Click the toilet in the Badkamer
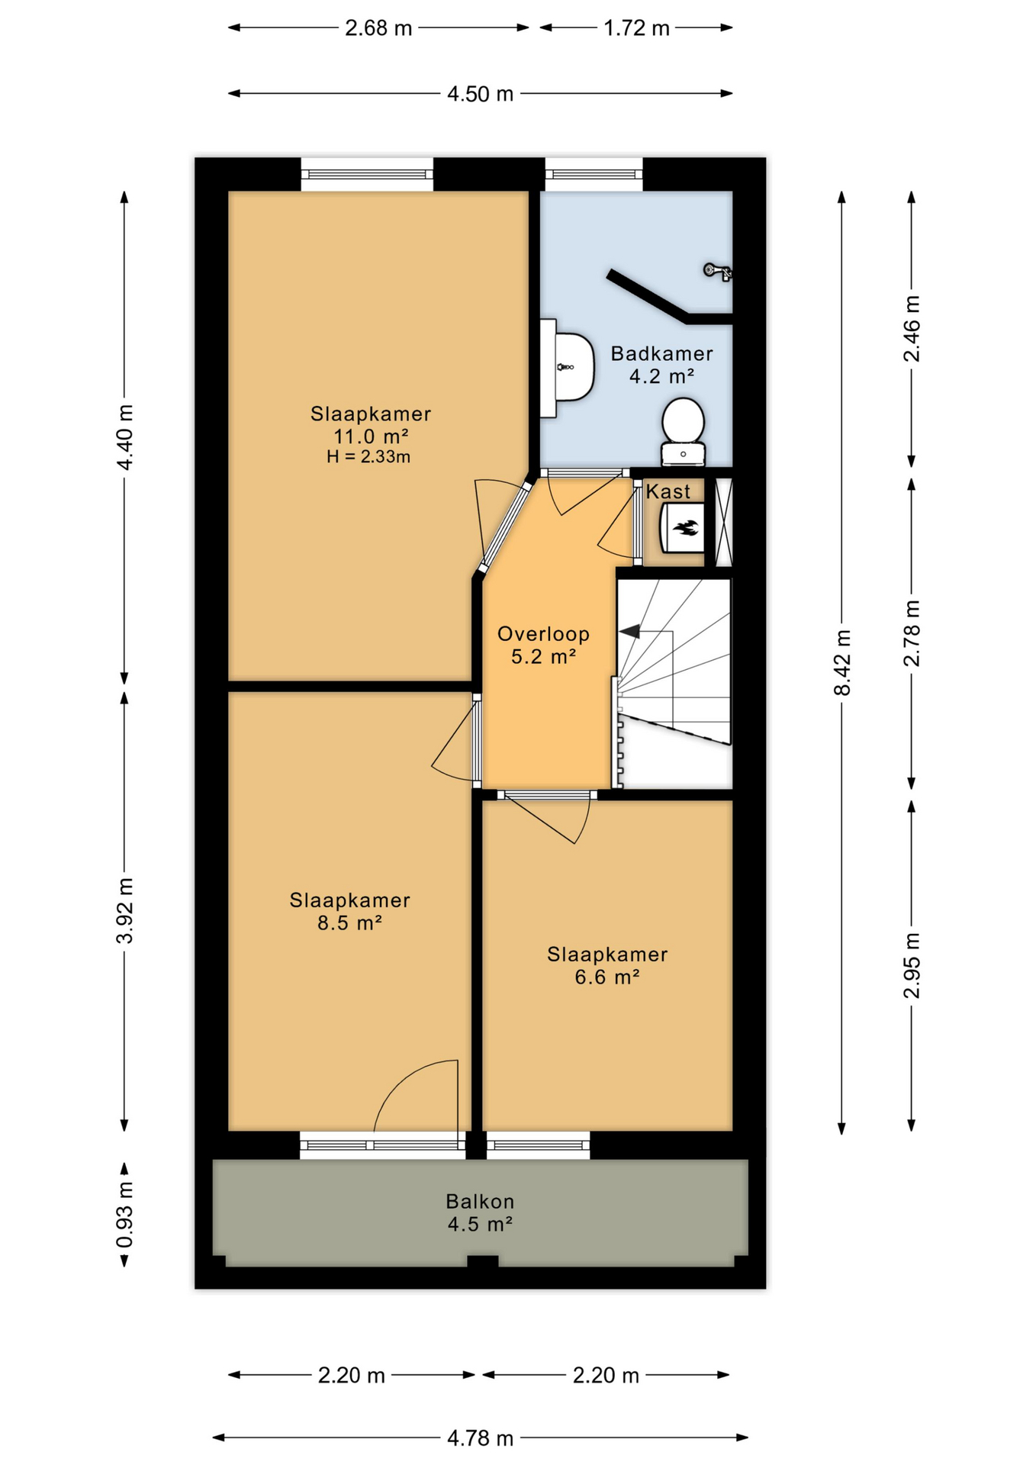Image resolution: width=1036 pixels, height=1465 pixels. (x=683, y=431)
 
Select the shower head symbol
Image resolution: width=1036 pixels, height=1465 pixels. (x=717, y=271)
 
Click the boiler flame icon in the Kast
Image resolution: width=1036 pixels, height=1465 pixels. (x=684, y=527)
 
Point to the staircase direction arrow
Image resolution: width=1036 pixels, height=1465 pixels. (x=629, y=632)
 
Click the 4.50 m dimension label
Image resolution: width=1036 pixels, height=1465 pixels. (x=480, y=94)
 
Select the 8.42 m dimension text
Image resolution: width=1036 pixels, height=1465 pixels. (x=842, y=662)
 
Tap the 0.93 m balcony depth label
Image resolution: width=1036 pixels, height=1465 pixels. (x=124, y=1215)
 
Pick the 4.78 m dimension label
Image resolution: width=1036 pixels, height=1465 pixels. (x=480, y=1438)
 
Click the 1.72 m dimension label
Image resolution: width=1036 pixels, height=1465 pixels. (x=636, y=28)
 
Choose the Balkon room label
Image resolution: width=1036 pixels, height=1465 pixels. (x=480, y=1202)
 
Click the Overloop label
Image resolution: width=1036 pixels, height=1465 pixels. (x=543, y=634)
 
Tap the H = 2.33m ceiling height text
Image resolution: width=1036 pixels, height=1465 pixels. (x=368, y=457)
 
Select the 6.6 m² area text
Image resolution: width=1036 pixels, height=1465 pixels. (x=606, y=977)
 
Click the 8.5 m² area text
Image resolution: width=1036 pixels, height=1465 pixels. (x=349, y=922)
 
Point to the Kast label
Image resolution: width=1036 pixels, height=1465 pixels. (x=668, y=491)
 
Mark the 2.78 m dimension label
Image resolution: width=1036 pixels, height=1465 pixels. (x=912, y=633)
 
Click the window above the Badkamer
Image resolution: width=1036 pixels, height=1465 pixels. (x=594, y=175)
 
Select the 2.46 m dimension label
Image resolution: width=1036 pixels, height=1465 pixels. (x=912, y=329)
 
